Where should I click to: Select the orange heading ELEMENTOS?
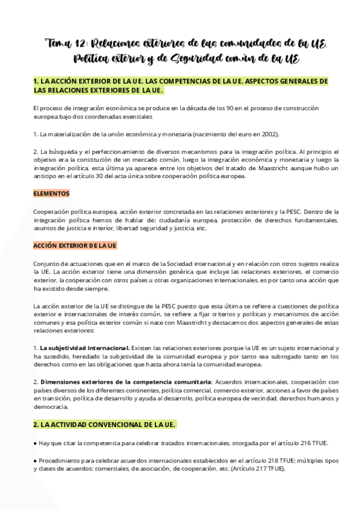[51, 194]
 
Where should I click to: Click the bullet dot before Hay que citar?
[35, 443]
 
